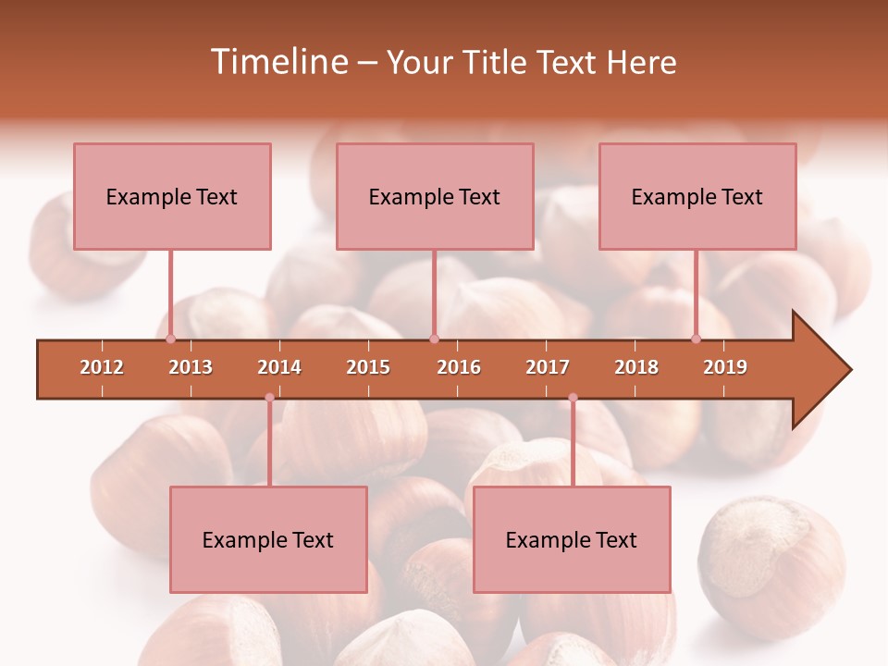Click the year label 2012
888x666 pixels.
(102, 367)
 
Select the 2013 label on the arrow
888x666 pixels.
(191, 367)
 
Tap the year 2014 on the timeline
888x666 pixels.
(279, 367)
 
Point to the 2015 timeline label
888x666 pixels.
(368, 367)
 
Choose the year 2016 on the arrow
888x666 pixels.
(459, 367)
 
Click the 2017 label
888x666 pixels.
(548, 367)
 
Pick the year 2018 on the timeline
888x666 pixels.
(636, 367)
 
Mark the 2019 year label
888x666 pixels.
(725, 367)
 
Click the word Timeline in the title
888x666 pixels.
(278, 62)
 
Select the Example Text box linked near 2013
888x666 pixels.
(172, 196)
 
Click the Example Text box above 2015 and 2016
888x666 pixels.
(435, 196)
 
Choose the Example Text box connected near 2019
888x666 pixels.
(697, 196)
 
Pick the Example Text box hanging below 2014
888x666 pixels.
(268, 539)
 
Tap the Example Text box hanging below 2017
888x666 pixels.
(572, 539)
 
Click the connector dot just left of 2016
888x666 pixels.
(434, 339)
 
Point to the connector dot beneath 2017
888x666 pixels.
(573, 398)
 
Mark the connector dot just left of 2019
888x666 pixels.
(696, 339)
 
